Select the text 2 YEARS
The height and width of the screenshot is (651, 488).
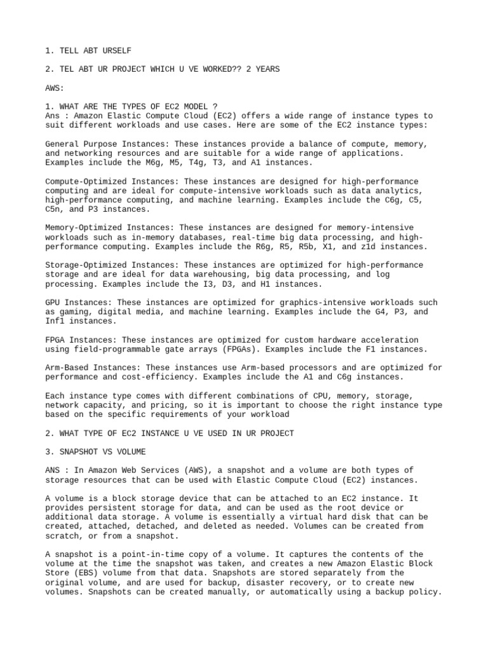pyautogui.click(x=262, y=69)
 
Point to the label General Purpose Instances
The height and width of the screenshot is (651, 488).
pyautogui.click(x=107, y=144)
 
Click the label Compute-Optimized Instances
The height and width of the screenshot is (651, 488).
pyautogui.click(x=112, y=181)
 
